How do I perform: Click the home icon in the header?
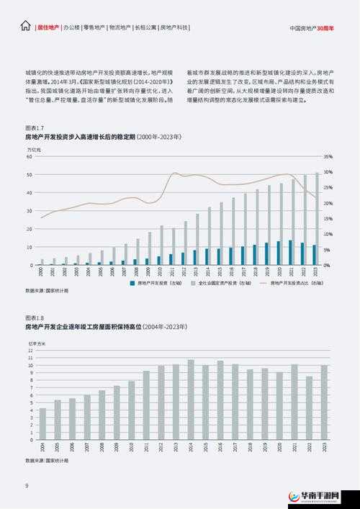click(x=26, y=27)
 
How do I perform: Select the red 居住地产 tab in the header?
click(x=48, y=27)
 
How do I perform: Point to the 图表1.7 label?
click(x=35, y=127)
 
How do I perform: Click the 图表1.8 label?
click(x=35, y=317)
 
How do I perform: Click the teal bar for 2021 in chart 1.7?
click(x=290, y=253)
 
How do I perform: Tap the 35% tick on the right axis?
click(x=328, y=156)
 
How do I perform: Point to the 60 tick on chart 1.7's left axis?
click(x=30, y=156)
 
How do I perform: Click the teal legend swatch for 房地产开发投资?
click(x=132, y=284)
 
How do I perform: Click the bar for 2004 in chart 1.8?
click(x=42, y=424)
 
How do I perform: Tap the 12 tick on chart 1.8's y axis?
click(x=30, y=351)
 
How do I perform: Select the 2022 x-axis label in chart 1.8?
click(x=309, y=447)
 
